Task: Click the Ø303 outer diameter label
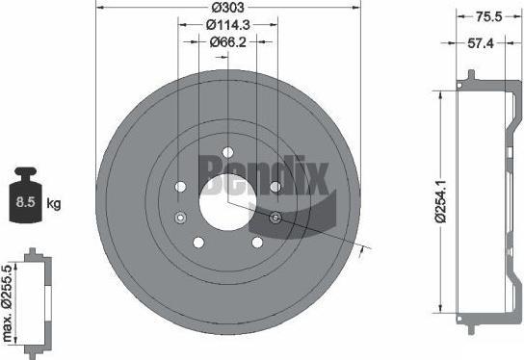tap(228, 8)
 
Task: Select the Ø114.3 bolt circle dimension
tap(228, 25)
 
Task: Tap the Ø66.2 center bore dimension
tap(228, 42)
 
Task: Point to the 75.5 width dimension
tap(489, 16)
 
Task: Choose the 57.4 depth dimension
tap(481, 43)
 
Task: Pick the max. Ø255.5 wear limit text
tap(8, 303)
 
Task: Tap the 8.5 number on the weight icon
tap(25, 202)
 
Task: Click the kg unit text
tap(54, 203)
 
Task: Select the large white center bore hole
tap(227, 202)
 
